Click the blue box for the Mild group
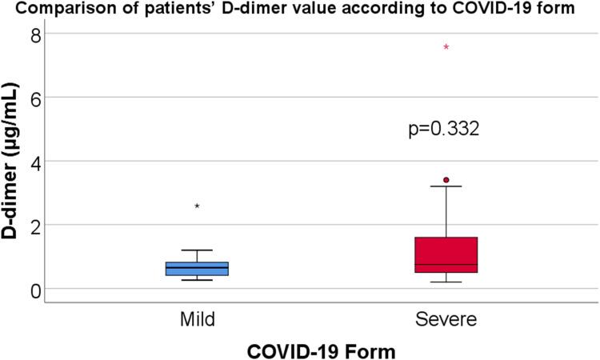coord(197,269)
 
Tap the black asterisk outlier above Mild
coord(197,206)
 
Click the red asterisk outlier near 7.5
coord(446,48)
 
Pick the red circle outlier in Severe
coord(446,180)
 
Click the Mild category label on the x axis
coord(197,319)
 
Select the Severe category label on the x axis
coord(446,319)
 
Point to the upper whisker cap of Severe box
coord(446,186)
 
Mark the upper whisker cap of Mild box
coord(197,250)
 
